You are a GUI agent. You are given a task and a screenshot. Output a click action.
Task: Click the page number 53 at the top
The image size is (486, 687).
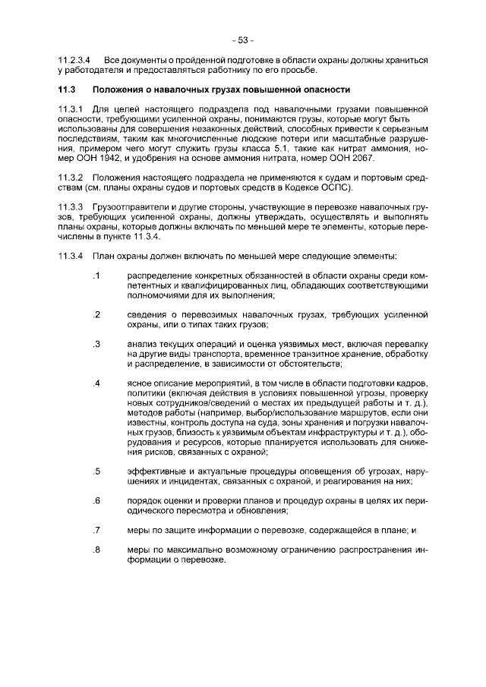coord(243,39)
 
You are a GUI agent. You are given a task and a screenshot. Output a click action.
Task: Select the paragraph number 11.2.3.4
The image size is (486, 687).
coord(74,59)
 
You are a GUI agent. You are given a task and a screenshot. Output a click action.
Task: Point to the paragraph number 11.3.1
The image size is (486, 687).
coord(70,109)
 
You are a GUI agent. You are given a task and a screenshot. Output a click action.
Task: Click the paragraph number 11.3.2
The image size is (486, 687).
coord(70,176)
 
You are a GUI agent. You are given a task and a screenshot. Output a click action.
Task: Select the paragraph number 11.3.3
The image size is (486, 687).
coord(70,206)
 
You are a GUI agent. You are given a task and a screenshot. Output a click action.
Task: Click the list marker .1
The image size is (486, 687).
coord(96,274)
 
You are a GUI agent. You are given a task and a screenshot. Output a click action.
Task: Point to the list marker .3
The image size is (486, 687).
coord(96,344)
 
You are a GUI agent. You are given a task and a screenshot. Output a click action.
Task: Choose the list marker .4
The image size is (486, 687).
coord(96,383)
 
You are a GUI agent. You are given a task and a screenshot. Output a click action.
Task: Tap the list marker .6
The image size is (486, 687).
coord(96,500)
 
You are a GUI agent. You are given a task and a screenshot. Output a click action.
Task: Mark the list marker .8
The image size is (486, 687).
coord(96,550)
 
